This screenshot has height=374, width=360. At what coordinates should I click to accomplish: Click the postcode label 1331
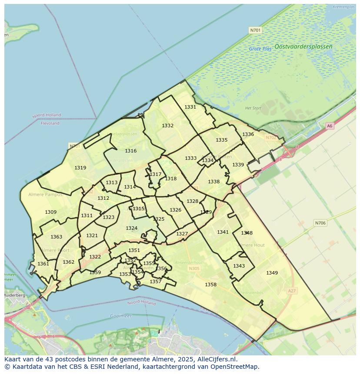click(x=190, y=107)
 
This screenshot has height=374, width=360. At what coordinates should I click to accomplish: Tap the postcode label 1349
click(x=272, y=273)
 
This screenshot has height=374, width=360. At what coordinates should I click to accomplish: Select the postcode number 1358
click(x=210, y=285)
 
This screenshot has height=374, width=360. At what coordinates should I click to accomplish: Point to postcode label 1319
click(x=80, y=168)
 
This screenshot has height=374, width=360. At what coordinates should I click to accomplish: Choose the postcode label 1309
click(x=50, y=212)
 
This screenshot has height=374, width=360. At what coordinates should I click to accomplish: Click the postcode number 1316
click(x=130, y=151)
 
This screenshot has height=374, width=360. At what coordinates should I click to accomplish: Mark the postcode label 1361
click(x=43, y=264)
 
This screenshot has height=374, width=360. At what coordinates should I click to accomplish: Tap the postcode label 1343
click(x=239, y=266)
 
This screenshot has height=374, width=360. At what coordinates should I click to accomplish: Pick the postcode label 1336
click(x=248, y=134)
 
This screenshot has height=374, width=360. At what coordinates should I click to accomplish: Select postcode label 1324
click(x=131, y=228)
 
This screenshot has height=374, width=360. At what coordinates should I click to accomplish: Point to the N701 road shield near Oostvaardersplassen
click(x=255, y=30)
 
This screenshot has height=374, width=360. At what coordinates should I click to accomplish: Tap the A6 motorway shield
click(x=330, y=126)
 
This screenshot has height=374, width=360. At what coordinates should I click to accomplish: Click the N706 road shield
click(x=320, y=223)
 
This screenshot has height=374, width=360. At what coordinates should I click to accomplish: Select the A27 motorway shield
click(x=292, y=291)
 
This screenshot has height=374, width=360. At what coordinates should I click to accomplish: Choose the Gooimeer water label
click(x=120, y=316)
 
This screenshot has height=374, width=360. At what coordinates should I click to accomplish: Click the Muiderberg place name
click(x=14, y=295)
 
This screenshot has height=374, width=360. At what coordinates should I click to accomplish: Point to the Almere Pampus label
click(x=45, y=195)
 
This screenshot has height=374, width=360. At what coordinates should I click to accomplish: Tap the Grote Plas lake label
click(x=260, y=49)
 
